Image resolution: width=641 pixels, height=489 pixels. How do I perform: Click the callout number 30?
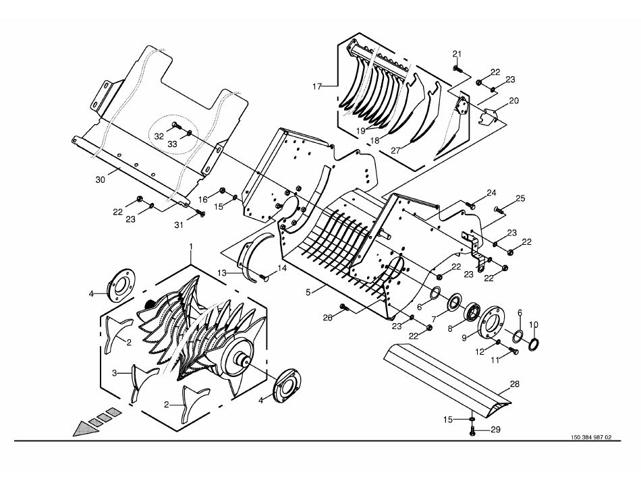(100, 179)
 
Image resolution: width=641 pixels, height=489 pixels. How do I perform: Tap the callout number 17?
(318, 86)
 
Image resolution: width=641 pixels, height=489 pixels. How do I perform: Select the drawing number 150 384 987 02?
(591, 437)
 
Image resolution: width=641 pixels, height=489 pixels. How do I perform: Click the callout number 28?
(514, 384)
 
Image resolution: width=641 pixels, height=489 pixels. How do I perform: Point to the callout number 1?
(190, 246)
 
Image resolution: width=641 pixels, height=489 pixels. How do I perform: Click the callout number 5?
(308, 293)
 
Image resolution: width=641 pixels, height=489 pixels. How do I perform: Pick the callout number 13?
(221, 273)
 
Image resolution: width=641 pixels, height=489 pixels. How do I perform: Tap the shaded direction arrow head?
(84, 428)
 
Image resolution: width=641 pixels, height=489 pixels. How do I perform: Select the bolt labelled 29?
(472, 431)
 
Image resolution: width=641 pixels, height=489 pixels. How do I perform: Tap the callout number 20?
(514, 100)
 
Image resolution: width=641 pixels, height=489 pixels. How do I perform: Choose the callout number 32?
(159, 136)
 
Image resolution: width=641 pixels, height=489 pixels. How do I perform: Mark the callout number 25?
(520, 198)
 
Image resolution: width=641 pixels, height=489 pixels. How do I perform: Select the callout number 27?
(395, 150)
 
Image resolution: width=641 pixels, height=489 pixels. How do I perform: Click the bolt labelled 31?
(200, 212)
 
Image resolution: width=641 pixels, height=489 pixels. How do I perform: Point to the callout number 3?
(115, 372)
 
